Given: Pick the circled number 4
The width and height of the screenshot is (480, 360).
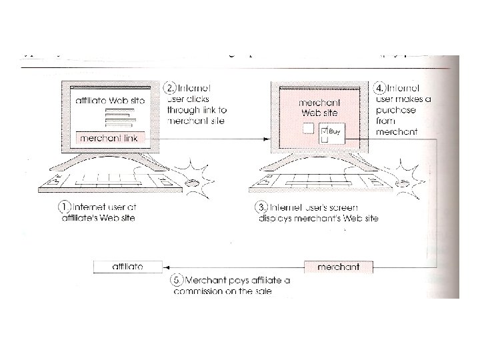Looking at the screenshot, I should coord(379,88).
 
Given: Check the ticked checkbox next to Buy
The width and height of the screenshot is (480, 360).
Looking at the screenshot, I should coord(325,131).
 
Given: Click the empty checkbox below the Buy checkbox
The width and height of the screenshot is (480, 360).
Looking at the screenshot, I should coord(325,140).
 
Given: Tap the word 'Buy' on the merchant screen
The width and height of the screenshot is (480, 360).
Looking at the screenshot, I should coord(335,132).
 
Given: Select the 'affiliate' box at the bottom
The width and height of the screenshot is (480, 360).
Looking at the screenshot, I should coord(126,267).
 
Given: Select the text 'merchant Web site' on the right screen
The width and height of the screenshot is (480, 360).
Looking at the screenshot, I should coord(319,108).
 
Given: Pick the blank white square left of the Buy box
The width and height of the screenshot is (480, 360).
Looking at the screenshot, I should coord(308,129).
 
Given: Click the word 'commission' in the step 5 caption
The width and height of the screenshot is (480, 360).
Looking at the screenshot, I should coord(196,292).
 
